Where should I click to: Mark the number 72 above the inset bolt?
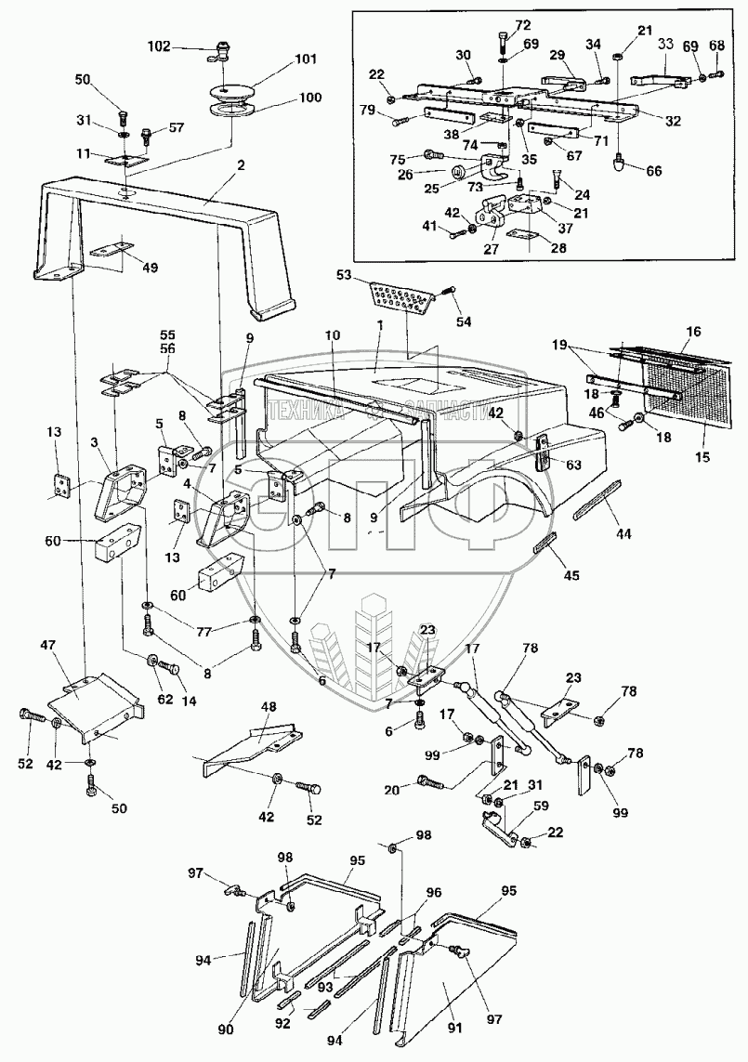point(522,23)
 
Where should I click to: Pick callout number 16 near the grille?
point(692,331)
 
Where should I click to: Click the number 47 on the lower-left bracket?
point(49,643)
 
